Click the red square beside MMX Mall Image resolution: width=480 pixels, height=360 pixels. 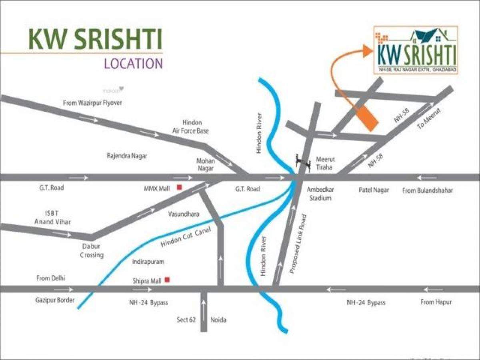pos(180,187)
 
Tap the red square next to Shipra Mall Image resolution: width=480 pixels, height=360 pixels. pos(167,280)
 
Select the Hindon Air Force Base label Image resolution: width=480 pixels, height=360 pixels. pos(190,126)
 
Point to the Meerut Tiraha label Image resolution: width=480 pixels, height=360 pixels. pos(324,163)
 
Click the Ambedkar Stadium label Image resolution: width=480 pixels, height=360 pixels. pos(319,194)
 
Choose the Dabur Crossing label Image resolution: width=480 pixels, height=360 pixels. pos(92,251)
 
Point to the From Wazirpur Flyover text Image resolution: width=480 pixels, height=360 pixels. pos(92,103)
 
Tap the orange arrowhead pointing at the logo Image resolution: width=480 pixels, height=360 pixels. pos(367,51)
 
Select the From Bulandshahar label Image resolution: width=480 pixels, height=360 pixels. pos(428,190)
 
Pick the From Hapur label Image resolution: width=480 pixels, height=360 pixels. pos(436,302)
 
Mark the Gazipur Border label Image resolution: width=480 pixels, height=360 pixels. pos(55,300)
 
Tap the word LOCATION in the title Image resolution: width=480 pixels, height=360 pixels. pos(133,64)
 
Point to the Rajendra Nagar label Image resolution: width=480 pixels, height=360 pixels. pos(127,156)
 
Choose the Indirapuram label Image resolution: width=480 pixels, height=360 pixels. pos(148,262)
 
